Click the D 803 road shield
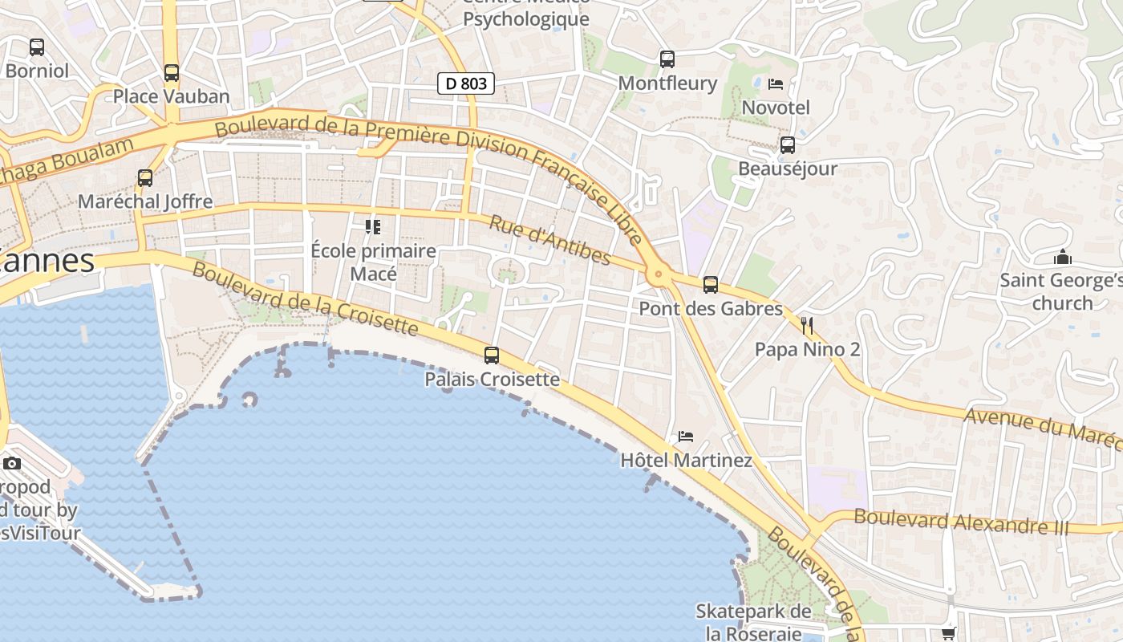click(x=466, y=83)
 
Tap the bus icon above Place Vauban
click(x=171, y=73)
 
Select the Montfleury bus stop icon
click(x=667, y=59)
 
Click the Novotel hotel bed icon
click(x=776, y=83)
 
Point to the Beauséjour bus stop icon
click(x=788, y=145)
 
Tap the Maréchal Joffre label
click(x=145, y=201)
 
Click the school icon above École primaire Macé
click(x=372, y=227)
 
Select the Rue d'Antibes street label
click(x=549, y=240)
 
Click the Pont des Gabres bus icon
click(x=710, y=285)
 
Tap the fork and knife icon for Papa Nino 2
click(x=807, y=325)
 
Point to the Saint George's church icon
click(x=1063, y=258)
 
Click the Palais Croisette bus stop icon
click(x=492, y=355)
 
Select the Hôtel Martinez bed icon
click(x=686, y=437)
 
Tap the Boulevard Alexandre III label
click(x=961, y=522)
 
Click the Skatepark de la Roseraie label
click(x=753, y=622)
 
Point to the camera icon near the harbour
click(x=12, y=463)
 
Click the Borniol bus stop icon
click(x=37, y=47)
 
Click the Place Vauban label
click(x=171, y=96)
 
